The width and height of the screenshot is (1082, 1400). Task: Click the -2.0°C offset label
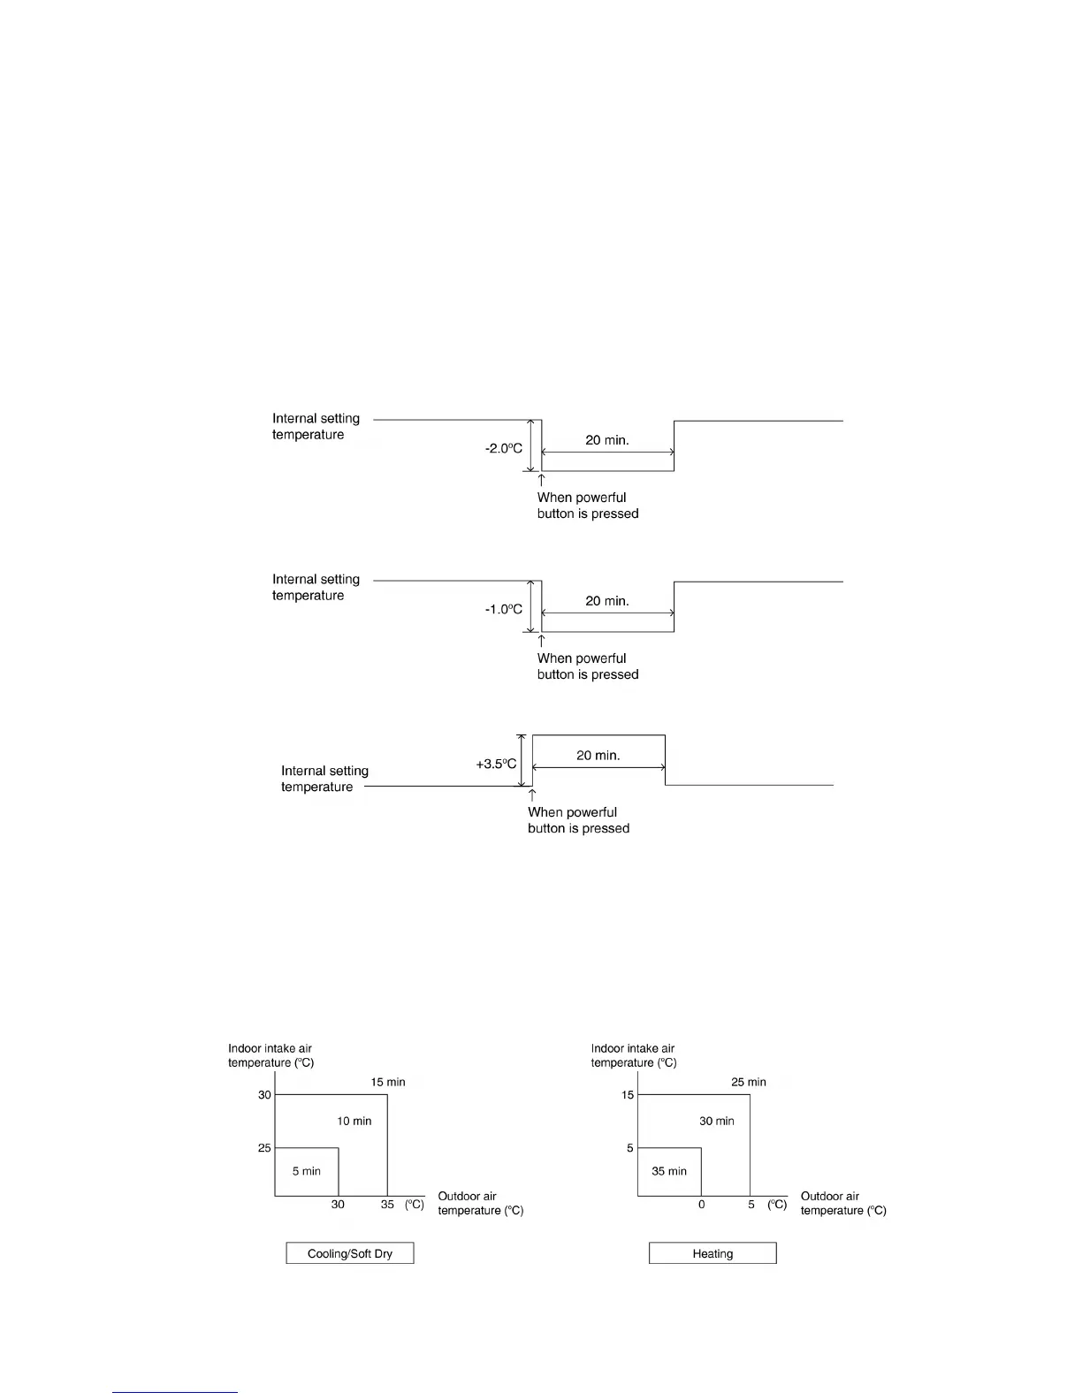coord(504,448)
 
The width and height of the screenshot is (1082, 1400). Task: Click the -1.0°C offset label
coord(504,609)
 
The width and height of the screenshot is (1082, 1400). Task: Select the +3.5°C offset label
coord(496,764)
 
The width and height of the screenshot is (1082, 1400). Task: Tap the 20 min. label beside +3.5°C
coord(598,755)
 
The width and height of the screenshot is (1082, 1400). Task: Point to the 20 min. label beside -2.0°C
coord(607,439)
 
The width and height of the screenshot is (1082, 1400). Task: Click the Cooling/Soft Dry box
coord(350,1253)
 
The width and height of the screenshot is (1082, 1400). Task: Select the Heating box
coord(712,1253)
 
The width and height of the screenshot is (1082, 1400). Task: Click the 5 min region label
coord(307,1171)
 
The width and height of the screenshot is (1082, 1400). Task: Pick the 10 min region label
coord(354,1121)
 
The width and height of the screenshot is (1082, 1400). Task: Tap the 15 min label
coord(388,1082)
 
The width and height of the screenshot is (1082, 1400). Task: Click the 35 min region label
coord(669,1171)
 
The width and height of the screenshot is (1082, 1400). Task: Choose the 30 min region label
coord(717,1121)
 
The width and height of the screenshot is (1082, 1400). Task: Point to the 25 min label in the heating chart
coord(749,1082)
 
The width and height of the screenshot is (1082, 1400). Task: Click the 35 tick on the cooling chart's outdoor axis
coord(387,1205)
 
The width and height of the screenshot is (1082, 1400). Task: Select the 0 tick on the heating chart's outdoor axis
coord(702,1205)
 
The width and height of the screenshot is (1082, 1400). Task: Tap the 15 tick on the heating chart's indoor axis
coord(628,1095)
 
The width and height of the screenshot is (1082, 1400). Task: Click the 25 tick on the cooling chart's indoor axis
coord(264,1148)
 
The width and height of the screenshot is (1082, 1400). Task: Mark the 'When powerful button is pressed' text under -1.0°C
coord(588,666)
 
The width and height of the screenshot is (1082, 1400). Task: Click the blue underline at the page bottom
coord(175,1392)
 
